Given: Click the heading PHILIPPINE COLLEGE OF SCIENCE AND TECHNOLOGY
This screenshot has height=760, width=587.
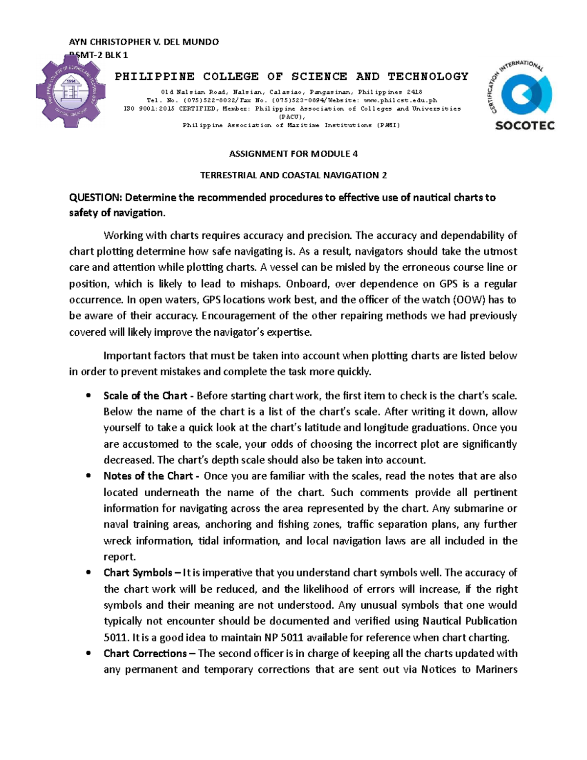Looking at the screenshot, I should pyautogui.click(x=292, y=76).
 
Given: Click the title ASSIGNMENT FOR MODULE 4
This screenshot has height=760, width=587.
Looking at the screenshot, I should pyautogui.click(x=293, y=154).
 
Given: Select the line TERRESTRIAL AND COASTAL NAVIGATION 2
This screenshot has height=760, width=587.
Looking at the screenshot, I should pyautogui.click(x=293, y=175).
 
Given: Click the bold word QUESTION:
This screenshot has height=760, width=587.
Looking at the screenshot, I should pyautogui.click(x=95, y=198).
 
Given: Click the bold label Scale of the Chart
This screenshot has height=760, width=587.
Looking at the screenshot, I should pyautogui.click(x=145, y=395).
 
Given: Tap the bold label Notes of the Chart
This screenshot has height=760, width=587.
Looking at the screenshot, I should pyautogui.click(x=148, y=476).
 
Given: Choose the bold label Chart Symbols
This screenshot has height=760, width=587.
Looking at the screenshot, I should pyautogui.click(x=137, y=573).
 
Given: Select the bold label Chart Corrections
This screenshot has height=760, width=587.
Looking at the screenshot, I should pyautogui.click(x=145, y=653).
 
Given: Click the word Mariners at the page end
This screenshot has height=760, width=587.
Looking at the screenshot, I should pyautogui.click(x=496, y=669).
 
